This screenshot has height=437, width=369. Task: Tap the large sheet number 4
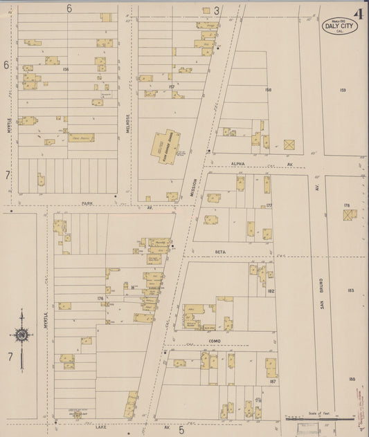tap(359, 14)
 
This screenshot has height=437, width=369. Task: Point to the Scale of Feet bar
tap(319, 418)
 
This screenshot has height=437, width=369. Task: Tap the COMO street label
tap(214, 342)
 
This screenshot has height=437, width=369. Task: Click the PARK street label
tap(86, 204)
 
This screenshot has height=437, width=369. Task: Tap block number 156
tap(66, 70)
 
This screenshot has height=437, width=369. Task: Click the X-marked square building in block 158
tap(289, 145)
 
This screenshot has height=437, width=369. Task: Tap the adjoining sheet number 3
tap(216, 10)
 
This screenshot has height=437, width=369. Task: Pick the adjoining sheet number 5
tap(181, 430)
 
